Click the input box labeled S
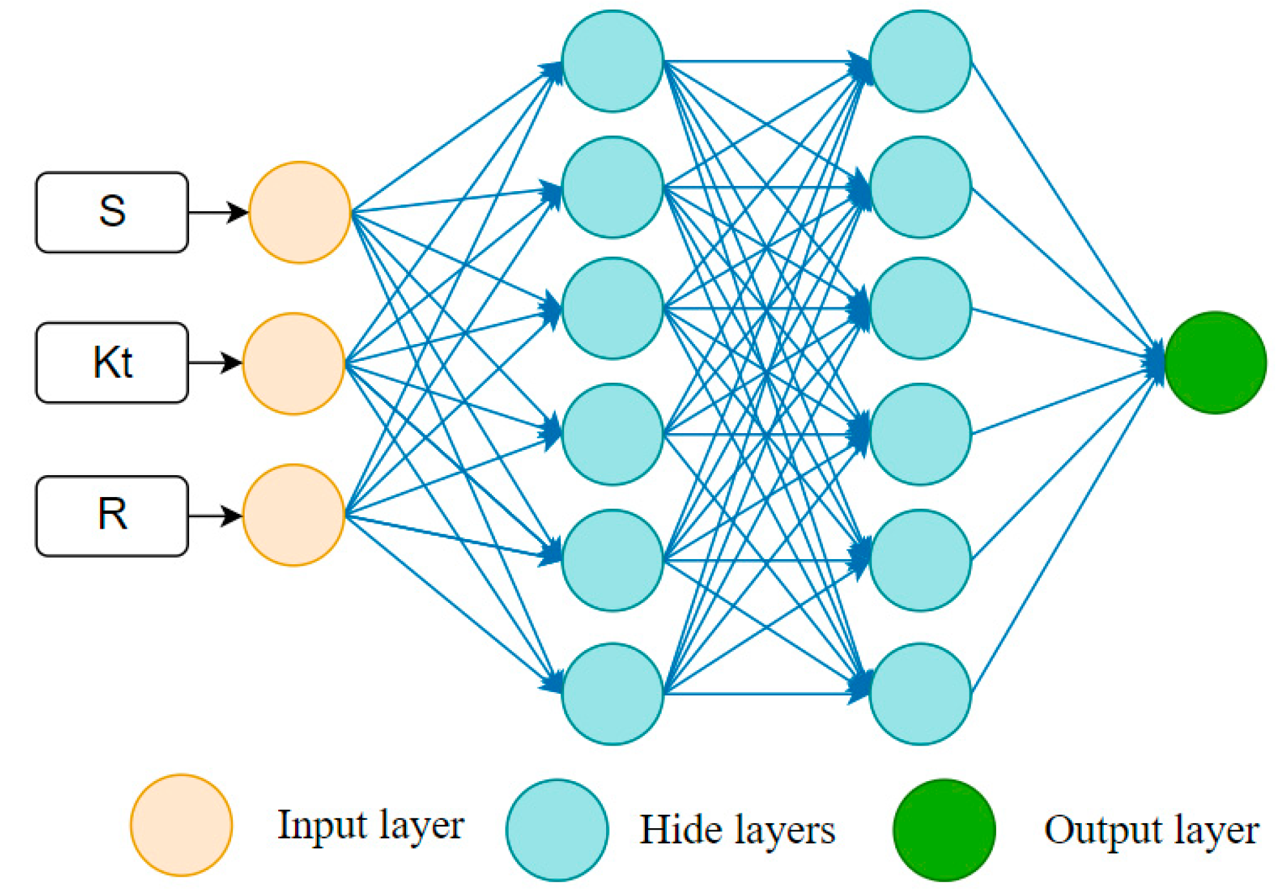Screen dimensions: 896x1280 pos(112,212)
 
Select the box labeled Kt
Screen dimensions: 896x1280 pos(112,363)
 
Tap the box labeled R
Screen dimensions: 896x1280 pos(112,516)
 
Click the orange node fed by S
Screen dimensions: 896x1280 pos(300,212)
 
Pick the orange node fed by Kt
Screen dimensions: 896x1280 pos(294,363)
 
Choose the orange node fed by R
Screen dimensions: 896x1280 pos(294,515)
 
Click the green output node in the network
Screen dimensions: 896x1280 pos(1215,363)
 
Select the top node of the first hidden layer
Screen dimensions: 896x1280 pos(613,61)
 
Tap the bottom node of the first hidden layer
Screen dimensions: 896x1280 pos(613,694)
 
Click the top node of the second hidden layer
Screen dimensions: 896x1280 pos(920,61)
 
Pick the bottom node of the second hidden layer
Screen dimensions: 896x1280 pos(920,694)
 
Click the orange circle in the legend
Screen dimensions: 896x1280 pos(181,825)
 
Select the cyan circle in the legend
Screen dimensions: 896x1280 pos(557,830)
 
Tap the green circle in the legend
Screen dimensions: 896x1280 pos(944,830)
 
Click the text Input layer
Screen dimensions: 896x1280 pos(371,826)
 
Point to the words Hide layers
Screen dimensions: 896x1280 pos(737,830)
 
